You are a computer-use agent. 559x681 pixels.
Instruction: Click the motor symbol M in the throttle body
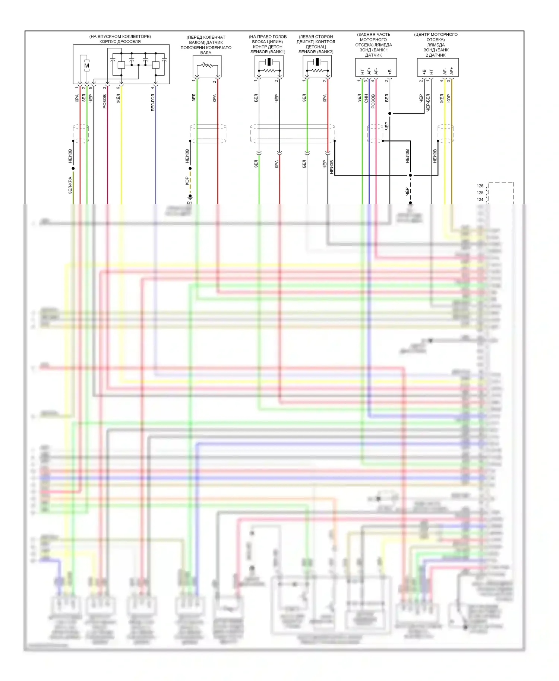[86, 66]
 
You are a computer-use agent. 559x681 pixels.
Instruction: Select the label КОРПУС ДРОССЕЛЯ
[120, 42]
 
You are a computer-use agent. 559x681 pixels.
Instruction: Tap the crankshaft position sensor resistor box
[207, 66]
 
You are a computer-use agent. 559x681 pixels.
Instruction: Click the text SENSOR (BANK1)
[268, 52]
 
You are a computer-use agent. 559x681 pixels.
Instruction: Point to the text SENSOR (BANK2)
[316, 52]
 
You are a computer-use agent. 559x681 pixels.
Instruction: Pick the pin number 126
[480, 186]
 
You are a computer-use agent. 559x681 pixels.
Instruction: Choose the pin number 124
[480, 200]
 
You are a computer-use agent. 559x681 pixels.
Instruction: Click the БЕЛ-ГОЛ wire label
[153, 102]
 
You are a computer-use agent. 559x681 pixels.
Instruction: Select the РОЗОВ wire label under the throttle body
[105, 101]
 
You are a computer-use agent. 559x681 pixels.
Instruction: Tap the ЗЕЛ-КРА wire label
[70, 185]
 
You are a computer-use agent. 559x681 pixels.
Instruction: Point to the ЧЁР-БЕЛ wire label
[428, 102]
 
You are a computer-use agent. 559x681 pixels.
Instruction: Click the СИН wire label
[366, 98]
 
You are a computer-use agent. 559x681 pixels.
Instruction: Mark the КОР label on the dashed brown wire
[187, 181]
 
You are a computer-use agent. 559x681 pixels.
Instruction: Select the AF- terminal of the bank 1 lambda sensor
[376, 71]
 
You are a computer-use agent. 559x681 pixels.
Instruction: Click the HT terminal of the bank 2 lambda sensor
[431, 72]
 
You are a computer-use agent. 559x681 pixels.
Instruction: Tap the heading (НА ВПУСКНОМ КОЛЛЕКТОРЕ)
[120, 37]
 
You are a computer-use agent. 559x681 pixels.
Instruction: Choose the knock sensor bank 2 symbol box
[317, 66]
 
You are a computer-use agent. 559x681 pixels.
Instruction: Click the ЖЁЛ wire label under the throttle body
[119, 99]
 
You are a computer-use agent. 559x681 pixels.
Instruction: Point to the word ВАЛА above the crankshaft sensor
[206, 53]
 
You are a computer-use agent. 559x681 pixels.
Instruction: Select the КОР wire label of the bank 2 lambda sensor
[449, 98]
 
